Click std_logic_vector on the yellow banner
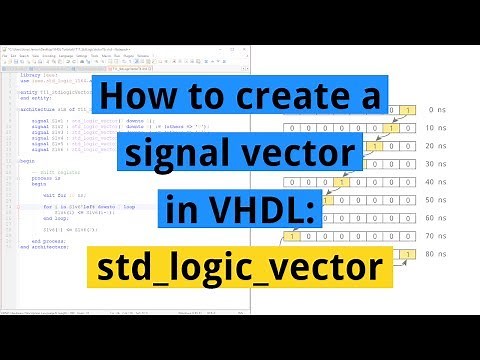point(241,268)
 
